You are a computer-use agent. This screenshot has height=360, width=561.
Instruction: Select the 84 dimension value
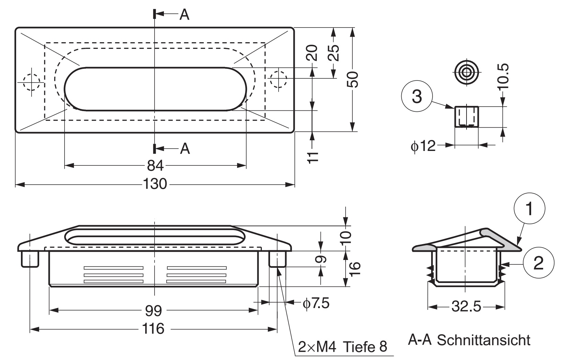click(155, 166)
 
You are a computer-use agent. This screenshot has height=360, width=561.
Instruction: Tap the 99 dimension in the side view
click(153, 311)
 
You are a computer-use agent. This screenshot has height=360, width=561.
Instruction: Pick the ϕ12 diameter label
click(423, 146)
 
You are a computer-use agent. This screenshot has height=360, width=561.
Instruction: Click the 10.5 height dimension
click(504, 76)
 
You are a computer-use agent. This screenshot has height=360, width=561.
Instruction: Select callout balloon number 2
click(538, 264)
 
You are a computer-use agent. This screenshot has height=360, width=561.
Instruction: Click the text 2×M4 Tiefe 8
click(342, 347)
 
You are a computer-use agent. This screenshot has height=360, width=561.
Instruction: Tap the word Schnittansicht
click(484, 341)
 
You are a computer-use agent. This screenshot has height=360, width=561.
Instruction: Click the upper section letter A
click(184, 14)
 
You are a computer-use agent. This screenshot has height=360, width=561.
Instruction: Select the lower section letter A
click(185, 149)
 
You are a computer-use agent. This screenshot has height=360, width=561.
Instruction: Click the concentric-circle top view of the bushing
click(466, 73)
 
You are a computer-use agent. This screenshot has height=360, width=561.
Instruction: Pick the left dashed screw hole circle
click(31, 82)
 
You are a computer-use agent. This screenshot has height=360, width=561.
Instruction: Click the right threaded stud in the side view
click(277, 259)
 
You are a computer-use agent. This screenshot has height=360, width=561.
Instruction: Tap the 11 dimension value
click(312, 157)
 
